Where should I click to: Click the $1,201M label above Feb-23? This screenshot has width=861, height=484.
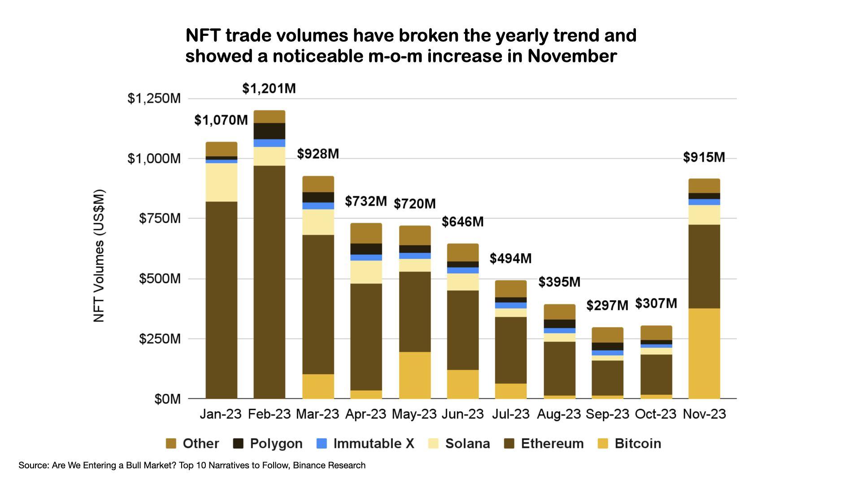pos(269,89)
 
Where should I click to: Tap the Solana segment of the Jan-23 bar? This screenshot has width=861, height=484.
pos(222,182)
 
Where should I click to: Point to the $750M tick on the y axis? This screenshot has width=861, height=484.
pos(160,219)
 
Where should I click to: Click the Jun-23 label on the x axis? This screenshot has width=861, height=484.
pos(462,414)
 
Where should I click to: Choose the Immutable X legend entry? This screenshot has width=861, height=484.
pos(365,444)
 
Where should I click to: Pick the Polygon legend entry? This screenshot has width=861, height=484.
pos(268,444)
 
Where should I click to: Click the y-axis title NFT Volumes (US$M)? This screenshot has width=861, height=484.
pos(99,255)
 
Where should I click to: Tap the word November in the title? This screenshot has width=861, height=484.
pos(572,56)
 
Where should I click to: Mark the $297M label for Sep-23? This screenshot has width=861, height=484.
pos(607,306)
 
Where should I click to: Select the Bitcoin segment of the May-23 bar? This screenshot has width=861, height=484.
pos(415,375)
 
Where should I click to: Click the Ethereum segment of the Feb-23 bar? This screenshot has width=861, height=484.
pos(269,282)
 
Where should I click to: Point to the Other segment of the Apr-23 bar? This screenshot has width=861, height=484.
pos(366,233)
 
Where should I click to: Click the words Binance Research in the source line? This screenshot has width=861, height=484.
pos(329,466)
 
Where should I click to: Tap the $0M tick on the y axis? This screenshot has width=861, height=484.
pos(167,399)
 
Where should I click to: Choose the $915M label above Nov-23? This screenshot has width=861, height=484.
pos(704,157)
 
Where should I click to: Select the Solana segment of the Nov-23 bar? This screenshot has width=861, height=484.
pos(704,215)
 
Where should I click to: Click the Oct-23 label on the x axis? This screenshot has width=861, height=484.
pos(655,414)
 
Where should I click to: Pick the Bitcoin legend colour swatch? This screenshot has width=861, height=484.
pos(603,444)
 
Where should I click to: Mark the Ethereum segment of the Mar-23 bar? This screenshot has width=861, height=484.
pos(318,304)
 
